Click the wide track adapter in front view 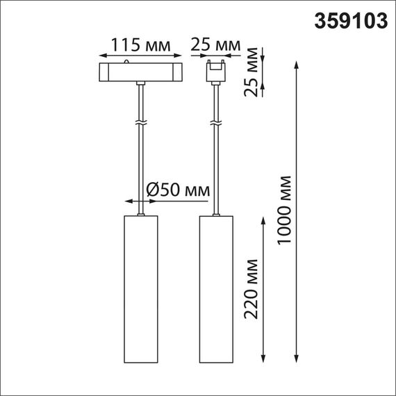pos(140,72)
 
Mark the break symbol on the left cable pos(141,122)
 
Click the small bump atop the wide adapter pos(129,63)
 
